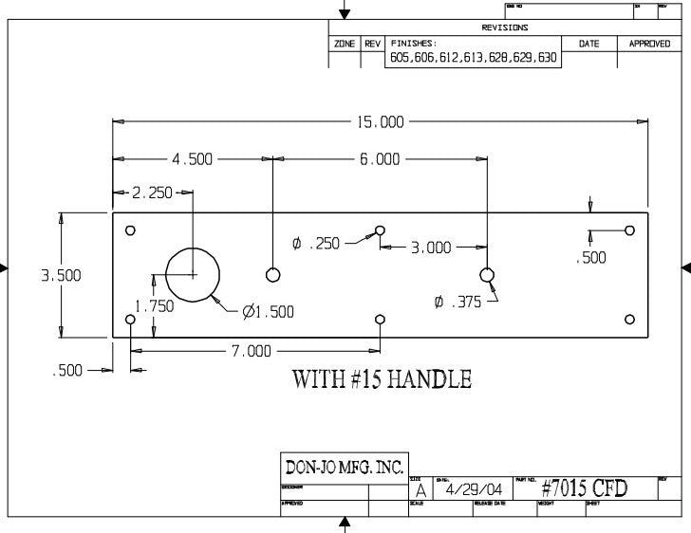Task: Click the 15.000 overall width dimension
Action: (380, 122)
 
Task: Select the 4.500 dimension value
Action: (192, 159)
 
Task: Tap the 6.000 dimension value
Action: (380, 159)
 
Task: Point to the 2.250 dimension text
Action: (152, 193)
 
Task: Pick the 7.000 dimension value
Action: (251, 351)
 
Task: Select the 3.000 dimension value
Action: (430, 248)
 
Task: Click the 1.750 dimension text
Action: (154, 305)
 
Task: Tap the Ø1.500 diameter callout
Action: (268, 311)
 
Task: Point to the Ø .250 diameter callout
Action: (316, 244)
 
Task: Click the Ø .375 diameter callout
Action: (458, 303)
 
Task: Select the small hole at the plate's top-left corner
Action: (131, 230)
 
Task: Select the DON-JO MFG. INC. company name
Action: (345, 467)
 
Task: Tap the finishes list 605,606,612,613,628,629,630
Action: (474, 59)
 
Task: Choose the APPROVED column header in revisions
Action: (649, 44)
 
